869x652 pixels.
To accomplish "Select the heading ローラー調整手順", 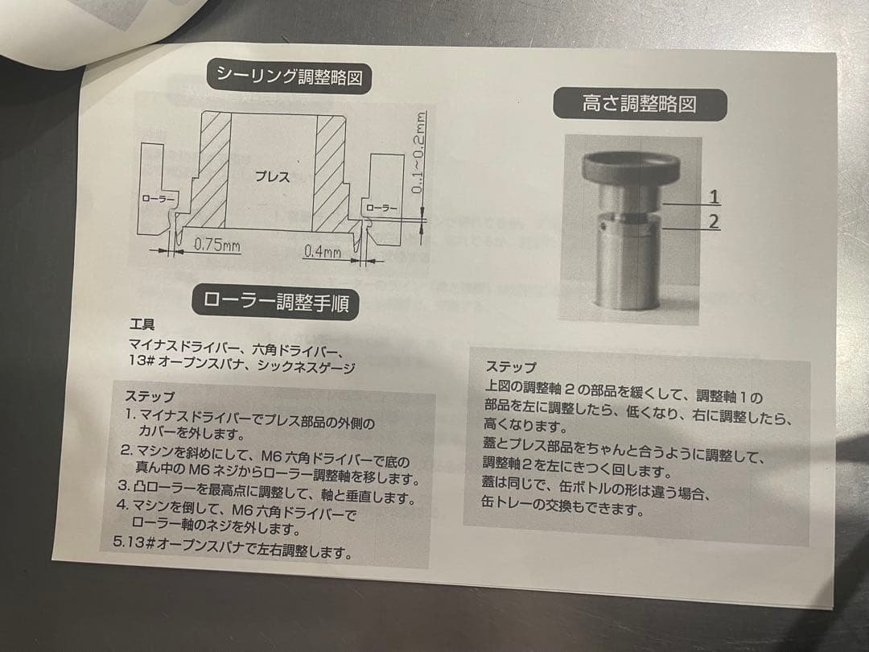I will click(x=270, y=303).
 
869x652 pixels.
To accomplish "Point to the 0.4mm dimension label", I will click(x=322, y=252).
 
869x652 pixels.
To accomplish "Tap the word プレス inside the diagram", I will click(x=272, y=178).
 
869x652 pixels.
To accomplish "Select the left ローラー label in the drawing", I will click(x=157, y=199).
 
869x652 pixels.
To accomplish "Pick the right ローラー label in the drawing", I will click(x=381, y=208).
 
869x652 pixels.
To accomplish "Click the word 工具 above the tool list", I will click(x=142, y=326).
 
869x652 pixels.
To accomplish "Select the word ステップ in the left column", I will click(x=150, y=396).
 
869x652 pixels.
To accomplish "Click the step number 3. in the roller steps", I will click(x=124, y=486).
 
